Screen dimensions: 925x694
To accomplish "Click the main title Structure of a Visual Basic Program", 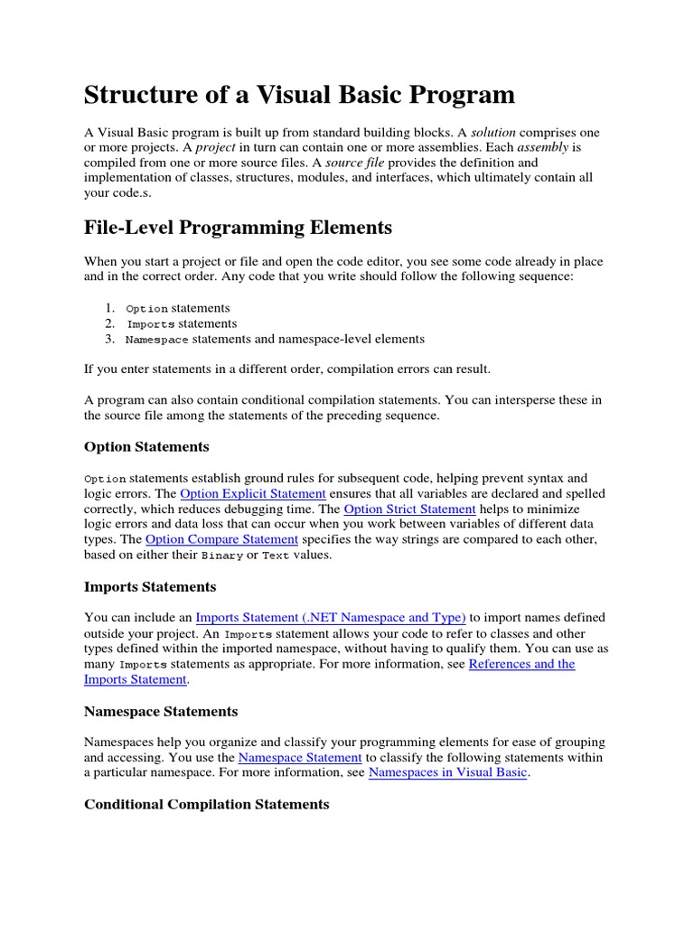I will pyautogui.click(x=299, y=95).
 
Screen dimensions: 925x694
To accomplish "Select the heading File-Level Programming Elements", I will pyautogui.click(x=238, y=226).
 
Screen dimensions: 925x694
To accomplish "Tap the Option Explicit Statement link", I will pyautogui.click(x=253, y=493).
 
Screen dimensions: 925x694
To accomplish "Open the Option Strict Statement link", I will pyautogui.click(x=409, y=509).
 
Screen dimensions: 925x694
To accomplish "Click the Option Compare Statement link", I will pyautogui.click(x=221, y=539).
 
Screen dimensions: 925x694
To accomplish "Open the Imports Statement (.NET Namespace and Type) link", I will pyautogui.click(x=331, y=618).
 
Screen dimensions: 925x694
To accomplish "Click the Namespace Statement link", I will pyautogui.click(x=300, y=757).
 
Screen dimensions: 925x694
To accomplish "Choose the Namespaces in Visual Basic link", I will pyautogui.click(x=448, y=773).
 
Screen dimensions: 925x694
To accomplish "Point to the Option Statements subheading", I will pyautogui.click(x=146, y=447).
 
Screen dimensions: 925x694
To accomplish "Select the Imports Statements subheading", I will pyautogui.click(x=150, y=587).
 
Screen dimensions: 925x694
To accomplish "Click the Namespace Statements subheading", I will pyautogui.click(x=161, y=712).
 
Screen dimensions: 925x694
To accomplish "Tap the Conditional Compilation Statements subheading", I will pyautogui.click(x=207, y=804).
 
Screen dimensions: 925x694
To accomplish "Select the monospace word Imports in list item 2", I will pyautogui.click(x=150, y=324).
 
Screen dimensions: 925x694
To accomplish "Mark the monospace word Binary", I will pyautogui.click(x=222, y=556).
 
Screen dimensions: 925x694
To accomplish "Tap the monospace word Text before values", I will pyautogui.click(x=276, y=556).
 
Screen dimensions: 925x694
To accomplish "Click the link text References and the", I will pyautogui.click(x=521, y=664).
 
